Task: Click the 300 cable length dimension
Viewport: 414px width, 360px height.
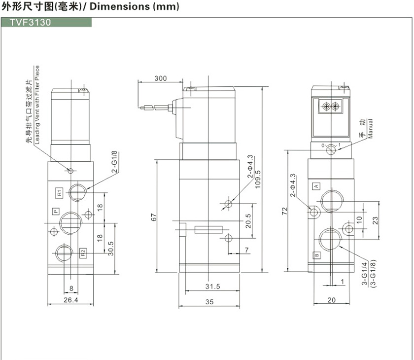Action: coord(160,78)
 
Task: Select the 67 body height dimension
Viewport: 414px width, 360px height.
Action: coord(153,216)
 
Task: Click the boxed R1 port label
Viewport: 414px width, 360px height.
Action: coord(58,192)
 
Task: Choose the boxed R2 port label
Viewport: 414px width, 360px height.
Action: coord(83,253)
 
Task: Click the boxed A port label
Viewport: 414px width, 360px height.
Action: coord(316,186)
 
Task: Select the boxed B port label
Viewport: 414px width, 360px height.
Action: coord(316,255)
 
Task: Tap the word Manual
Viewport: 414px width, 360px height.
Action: coord(370,129)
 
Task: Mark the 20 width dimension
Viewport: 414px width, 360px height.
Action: coord(331,299)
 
